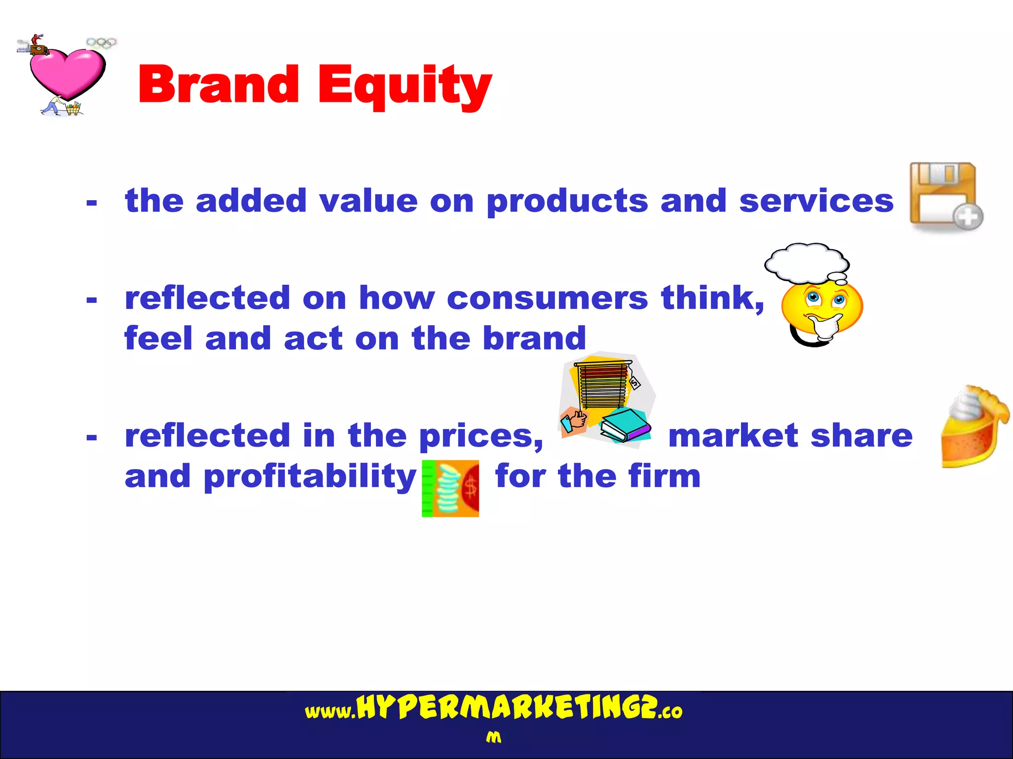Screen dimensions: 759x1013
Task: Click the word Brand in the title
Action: tap(218, 85)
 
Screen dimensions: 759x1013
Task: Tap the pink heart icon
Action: tap(67, 73)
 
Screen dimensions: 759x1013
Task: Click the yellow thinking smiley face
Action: tap(822, 309)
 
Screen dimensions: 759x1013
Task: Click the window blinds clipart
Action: tap(602, 385)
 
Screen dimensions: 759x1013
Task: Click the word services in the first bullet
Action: tap(816, 201)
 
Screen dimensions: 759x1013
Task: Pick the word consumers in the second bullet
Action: tap(547, 298)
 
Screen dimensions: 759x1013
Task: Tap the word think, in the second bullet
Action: tap(713, 298)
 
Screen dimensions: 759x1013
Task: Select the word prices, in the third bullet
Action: tap(481, 437)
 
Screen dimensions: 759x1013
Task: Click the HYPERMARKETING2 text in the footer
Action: tap(507, 708)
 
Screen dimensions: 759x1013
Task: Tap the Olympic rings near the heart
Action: tap(101, 43)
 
